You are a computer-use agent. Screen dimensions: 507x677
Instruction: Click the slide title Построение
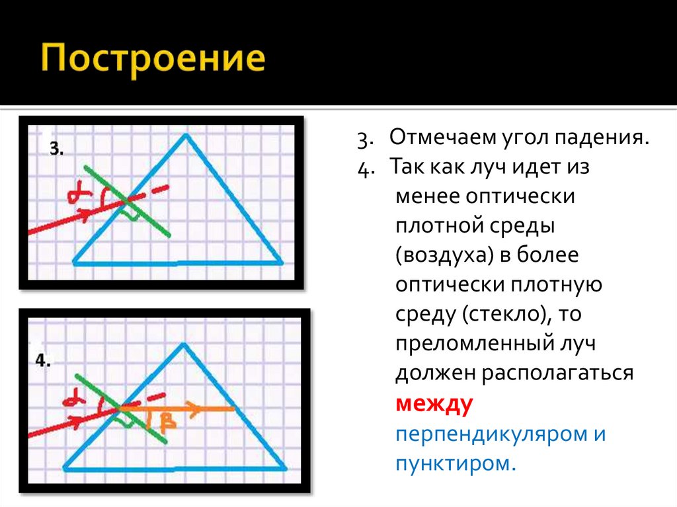point(154,59)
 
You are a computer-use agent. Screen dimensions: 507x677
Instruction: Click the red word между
point(434,405)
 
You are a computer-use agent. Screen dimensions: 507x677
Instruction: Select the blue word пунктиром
point(454,463)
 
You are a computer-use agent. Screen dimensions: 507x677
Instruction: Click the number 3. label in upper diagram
point(56,149)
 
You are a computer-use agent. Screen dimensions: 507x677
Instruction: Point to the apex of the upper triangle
point(186,136)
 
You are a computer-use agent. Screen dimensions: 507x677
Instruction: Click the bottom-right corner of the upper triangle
point(282,262)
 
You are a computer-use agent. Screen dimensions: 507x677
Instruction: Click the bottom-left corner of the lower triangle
point(63,469)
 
